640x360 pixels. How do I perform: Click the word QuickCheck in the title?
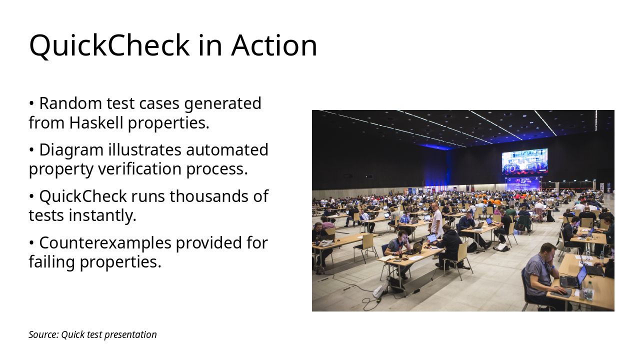click(x=109, y=45)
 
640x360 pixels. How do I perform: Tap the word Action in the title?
click(x=274, y=45)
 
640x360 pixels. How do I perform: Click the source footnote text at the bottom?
click(x=92, y=334)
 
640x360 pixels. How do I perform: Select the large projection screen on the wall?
click(x=524, y=161)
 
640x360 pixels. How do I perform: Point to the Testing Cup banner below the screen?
click(x=522, y=183)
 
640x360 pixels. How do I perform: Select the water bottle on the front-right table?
click(x=589, y=290)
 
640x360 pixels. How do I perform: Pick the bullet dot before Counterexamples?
click(x=31, y=243)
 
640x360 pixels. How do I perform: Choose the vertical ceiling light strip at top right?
click(x=596, y=120)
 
